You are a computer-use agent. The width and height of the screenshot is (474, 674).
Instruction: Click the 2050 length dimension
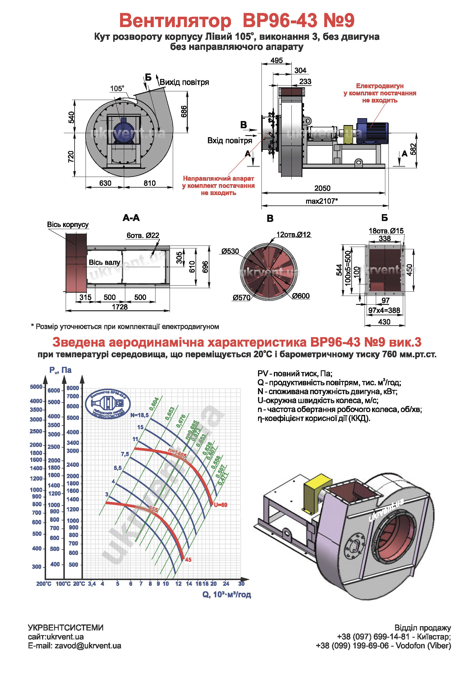322,188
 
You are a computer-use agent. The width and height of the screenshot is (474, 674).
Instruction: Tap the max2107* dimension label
321,201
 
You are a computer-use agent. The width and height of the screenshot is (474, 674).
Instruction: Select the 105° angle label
117,88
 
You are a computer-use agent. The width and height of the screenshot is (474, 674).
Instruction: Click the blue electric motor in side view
372,131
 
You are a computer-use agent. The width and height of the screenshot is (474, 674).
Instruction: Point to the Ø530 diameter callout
230,251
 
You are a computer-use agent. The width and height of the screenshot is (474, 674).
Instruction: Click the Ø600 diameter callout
301,296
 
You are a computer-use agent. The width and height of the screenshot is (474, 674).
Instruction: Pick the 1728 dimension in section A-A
120,307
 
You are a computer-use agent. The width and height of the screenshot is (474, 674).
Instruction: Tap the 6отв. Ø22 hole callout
143,235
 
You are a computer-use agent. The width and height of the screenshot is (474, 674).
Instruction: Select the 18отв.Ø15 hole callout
386,231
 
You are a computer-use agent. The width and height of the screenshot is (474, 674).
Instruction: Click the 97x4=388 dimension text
384,310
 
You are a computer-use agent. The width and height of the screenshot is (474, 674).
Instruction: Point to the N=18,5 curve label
139,415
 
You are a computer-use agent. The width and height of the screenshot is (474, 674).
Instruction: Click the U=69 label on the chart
221,505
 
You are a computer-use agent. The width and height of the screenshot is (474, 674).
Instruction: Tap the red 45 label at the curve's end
188,560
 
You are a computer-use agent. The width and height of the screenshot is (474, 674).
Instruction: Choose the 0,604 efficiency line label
154,404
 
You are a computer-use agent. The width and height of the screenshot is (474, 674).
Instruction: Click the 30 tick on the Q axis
241,584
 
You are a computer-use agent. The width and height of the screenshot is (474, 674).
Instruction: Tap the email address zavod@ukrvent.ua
88,646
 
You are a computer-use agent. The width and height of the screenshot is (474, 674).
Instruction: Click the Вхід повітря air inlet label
230,141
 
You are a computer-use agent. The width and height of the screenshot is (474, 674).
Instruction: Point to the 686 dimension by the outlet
184,112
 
